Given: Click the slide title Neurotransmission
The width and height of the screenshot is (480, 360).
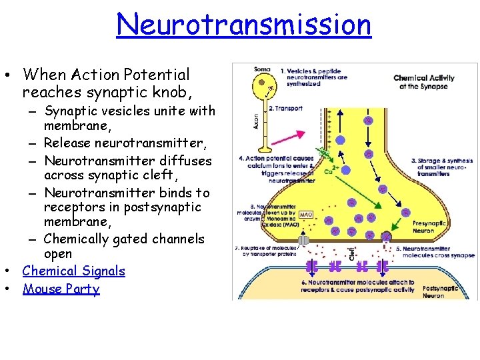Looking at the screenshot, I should coord(243,25).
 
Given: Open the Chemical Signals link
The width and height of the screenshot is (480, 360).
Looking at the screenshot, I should coord(73,271).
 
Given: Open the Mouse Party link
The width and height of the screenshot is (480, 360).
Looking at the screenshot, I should coord(61,289).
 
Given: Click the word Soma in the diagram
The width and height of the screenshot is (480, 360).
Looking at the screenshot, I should coord(262,69).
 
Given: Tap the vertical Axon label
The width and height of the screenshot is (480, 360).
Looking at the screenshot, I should coord(256,120).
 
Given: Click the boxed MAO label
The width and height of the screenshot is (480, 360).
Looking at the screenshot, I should coord(306,215).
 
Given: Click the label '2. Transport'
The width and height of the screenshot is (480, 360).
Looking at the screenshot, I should coord(285,108).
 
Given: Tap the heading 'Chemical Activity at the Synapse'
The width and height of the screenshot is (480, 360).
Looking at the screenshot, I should coord(424,82).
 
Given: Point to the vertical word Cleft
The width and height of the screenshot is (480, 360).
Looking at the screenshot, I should coord(352,253).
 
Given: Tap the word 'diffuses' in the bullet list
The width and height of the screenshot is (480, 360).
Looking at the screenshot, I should coord(187,161).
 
